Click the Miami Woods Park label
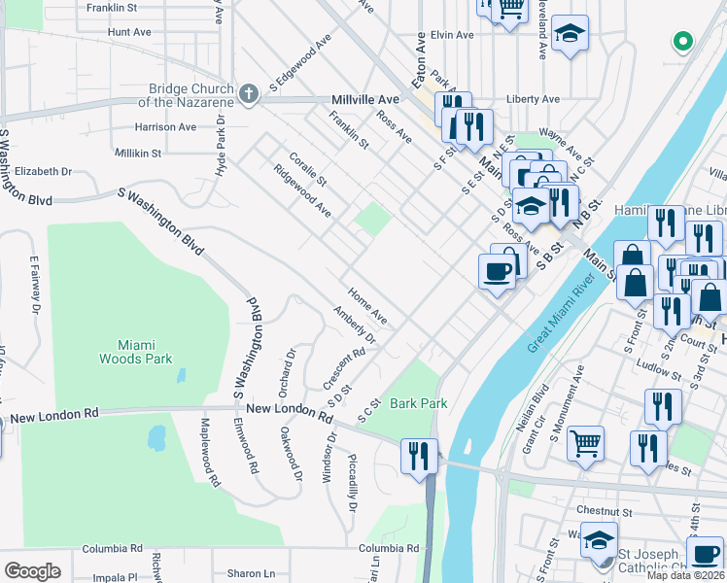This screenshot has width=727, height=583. coord(135,351)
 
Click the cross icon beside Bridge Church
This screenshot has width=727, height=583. coord(248,94)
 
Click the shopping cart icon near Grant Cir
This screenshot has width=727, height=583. coord(585,443)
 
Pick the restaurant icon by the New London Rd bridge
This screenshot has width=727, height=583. coord(419,455)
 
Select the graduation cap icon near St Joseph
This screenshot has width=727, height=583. coord(600,539)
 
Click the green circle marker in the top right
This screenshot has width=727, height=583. coord(682,42)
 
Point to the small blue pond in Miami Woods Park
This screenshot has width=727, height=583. coord(156,439)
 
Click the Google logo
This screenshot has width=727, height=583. coord(32,570)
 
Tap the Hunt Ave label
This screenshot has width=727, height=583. coord(130,32)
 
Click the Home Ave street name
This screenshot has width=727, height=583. coord(368,306)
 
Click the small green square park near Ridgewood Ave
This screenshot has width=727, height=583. coord(371,219)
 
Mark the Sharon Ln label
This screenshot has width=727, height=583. coord(252,573)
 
